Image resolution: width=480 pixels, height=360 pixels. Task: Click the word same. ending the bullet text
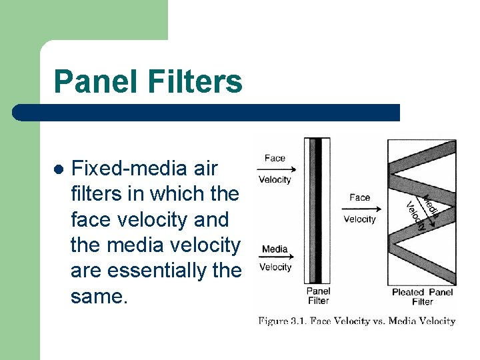point(99,296)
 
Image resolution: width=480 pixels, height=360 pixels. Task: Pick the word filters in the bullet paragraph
point(107,194)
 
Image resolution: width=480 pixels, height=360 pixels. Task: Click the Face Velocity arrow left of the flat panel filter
point(275,169)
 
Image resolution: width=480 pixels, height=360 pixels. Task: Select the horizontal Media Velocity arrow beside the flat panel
point(275,259)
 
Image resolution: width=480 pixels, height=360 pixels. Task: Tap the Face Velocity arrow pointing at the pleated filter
point(359,208)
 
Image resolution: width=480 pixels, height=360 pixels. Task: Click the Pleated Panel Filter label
point(422,297)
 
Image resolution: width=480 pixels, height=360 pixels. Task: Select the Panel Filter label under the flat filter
point(318,296)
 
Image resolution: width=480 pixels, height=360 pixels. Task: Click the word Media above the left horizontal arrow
point(275,249)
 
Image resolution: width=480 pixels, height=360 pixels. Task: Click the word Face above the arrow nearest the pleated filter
point(359,197)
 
